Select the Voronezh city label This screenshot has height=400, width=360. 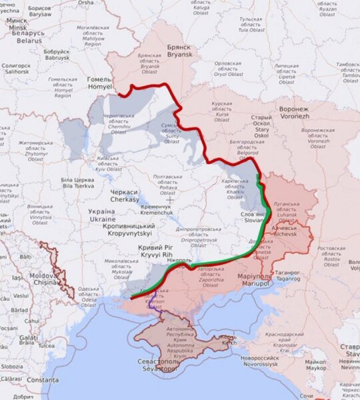point(294,111)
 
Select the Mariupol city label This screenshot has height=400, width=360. point(255,280)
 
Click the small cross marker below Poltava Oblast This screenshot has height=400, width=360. point(169,199)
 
